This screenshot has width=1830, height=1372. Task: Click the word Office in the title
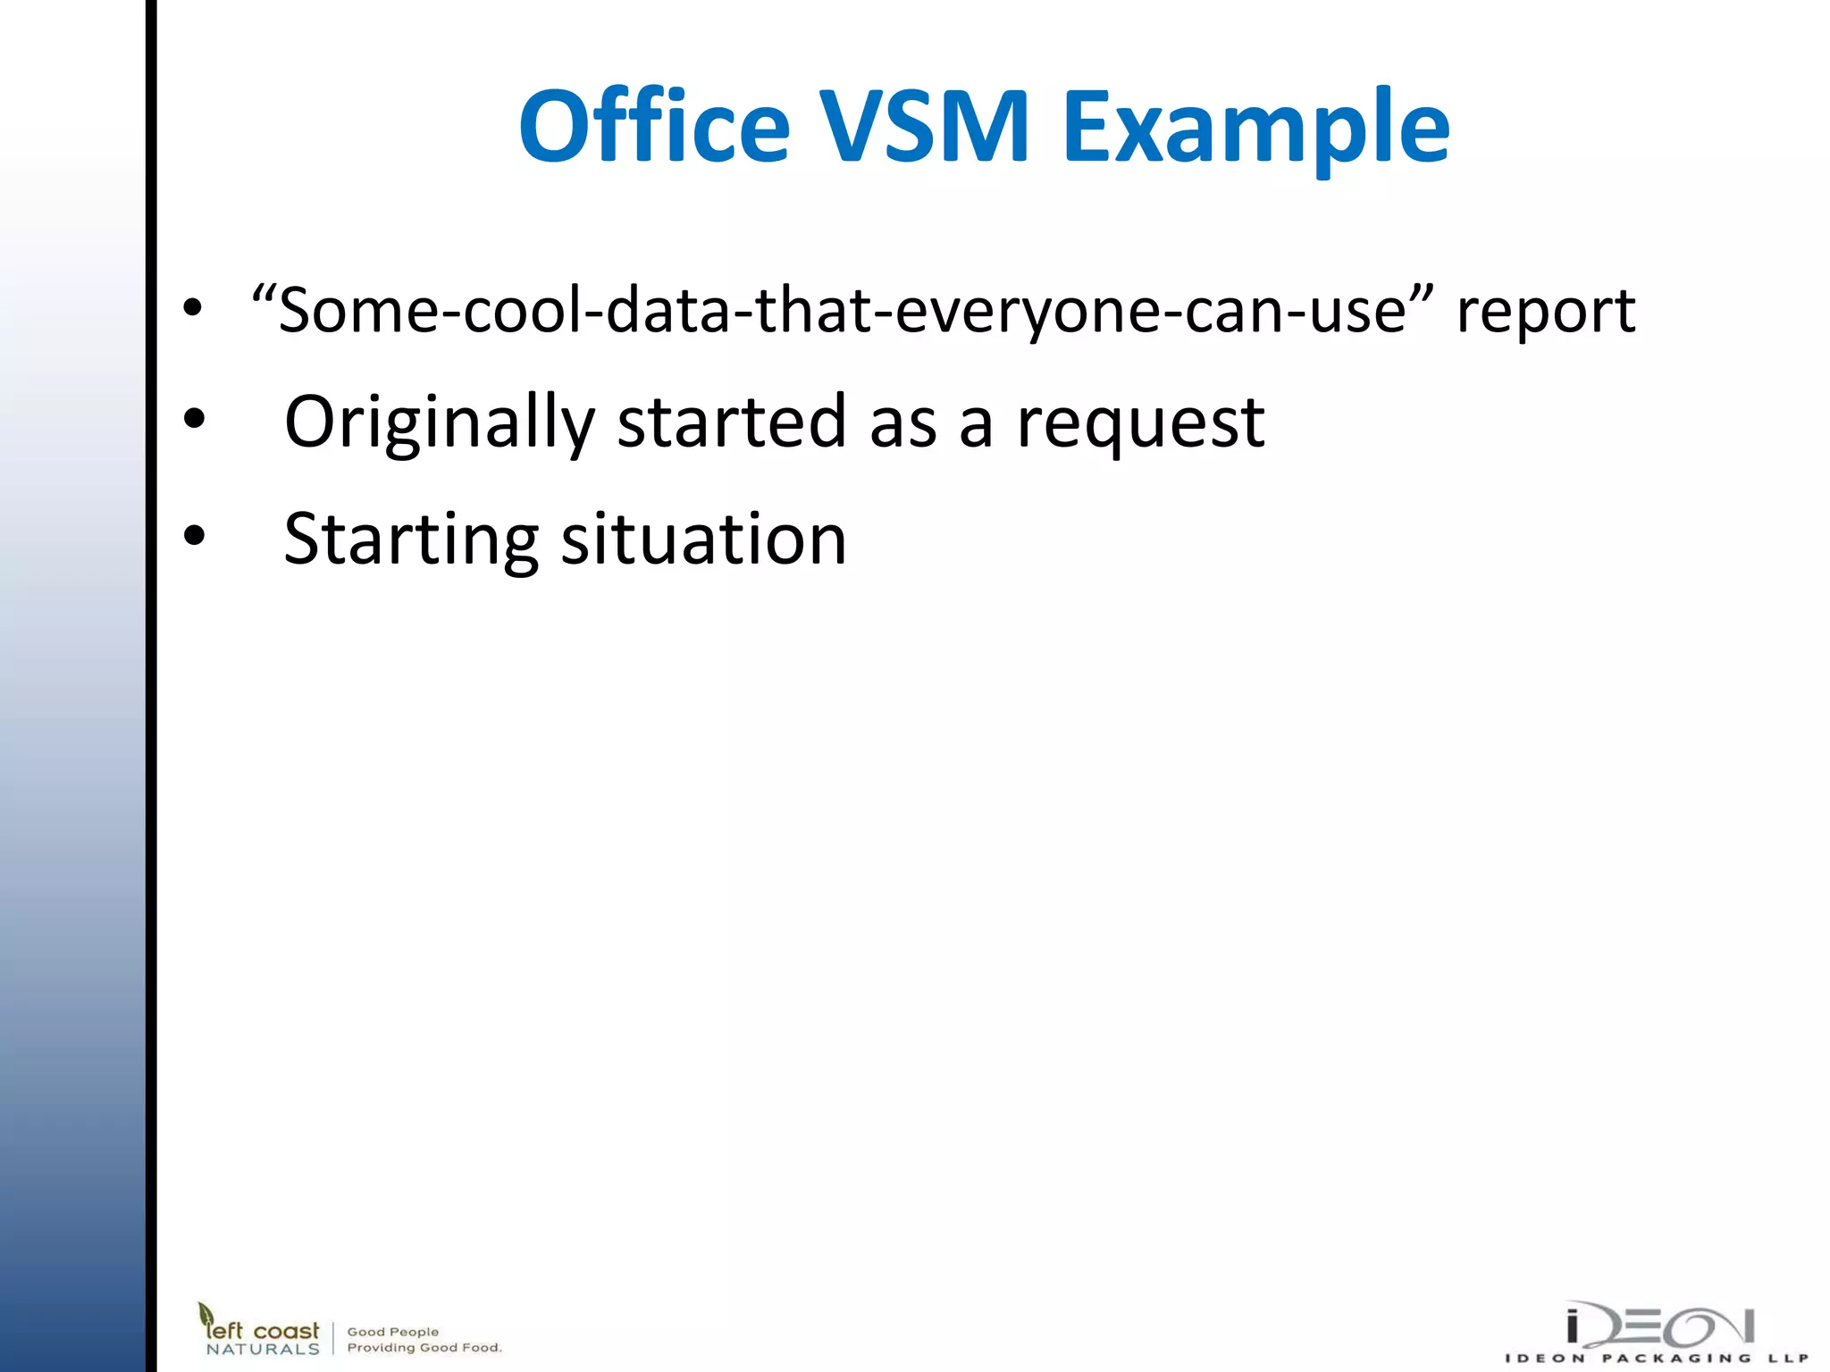pyautogui.click(x=655, y=127)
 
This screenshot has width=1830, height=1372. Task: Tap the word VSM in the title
pyautogui.click(x=925, y=127)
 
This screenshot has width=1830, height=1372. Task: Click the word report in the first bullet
pyautogui.click(x=1546, y=313)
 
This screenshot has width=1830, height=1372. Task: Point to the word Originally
pyautogui.click(x=439, y=423)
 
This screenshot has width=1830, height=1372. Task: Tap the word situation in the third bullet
pyautogui.click(x=703, y=540)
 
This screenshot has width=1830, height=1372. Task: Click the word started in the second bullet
pyautogui.click(x=731, y=422)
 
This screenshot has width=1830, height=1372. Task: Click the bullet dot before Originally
pyautogui.click(x=194, y=418)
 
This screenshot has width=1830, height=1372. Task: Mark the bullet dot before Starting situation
pyautogui.click(x=194, y=535)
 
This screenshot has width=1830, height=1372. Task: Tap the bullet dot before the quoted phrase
pyautogui.click(x=192, y=307)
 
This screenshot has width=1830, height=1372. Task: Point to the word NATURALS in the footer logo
pyautogui.click(x=263, y=1350)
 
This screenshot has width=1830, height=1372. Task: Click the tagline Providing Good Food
pyautogui.click(x=424, y=1348)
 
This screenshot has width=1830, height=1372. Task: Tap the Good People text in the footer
pyautogui.click(x=393, y=1332)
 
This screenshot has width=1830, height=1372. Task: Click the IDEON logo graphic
pyautogui.click(x=1660, y=1326)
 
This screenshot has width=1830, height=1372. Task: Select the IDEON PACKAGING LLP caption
pyautogui.click(x=1657, y=1359)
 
